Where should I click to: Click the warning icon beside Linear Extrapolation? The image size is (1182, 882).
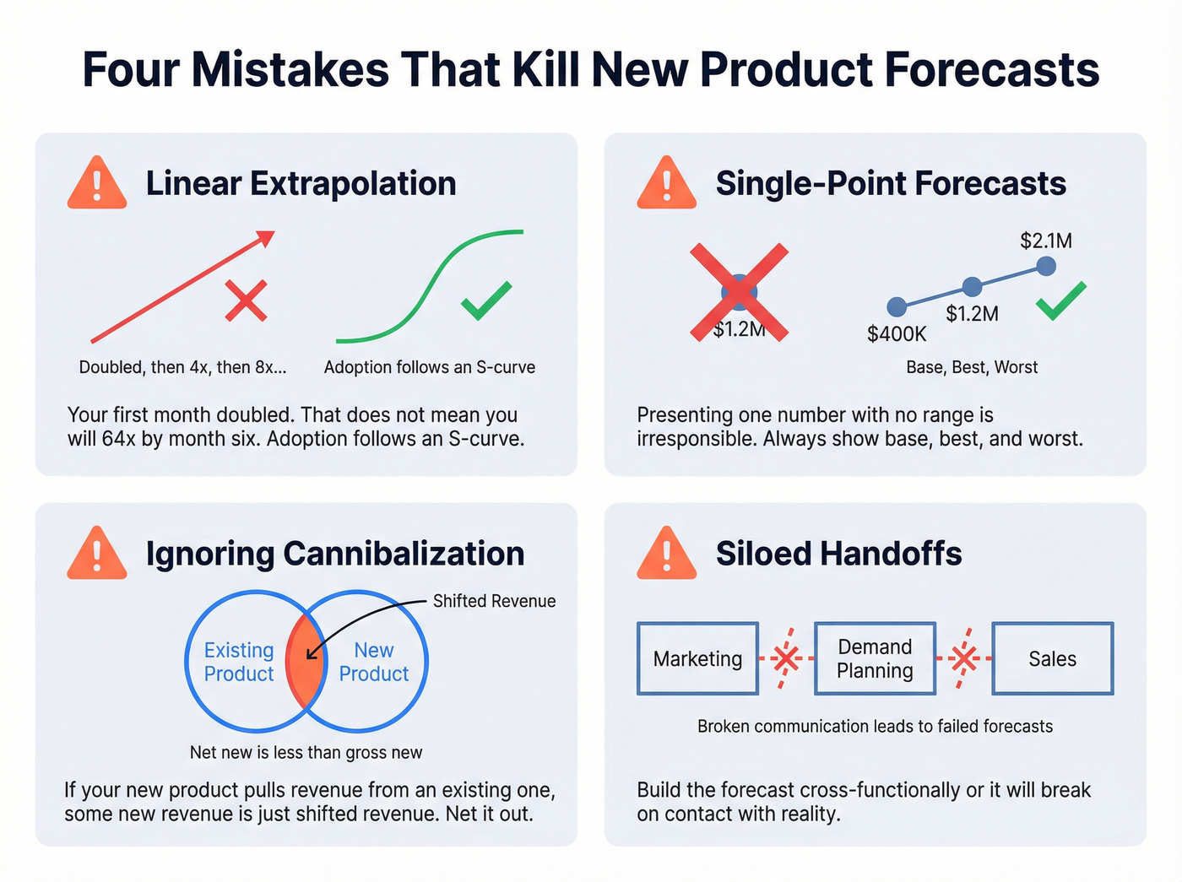click(97, 184)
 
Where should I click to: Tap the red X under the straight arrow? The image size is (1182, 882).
click(246, 301)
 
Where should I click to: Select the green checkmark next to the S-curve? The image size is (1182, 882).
click(486, 300)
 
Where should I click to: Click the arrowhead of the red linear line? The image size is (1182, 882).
click(267, 237)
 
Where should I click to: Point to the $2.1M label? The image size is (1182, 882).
click(1046, 241)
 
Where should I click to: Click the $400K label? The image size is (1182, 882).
click(897, 334)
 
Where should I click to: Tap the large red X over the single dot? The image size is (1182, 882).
click(740, 292)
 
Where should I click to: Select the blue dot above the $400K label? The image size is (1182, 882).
click(897, 306)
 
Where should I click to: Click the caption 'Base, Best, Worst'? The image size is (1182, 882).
click(972, 367)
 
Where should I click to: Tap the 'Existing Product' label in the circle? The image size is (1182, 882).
click(239, 662)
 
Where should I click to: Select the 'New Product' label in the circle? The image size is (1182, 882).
click(374, 662)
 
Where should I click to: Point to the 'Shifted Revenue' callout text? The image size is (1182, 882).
click(494, 601)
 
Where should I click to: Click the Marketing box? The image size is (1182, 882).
click(697, 659)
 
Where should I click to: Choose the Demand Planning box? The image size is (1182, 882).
click(875, 659)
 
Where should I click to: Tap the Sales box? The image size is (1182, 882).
click(1052, 659)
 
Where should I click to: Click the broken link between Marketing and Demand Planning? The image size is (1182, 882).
click(786, 658)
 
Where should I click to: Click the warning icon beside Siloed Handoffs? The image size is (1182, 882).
click(667, 555)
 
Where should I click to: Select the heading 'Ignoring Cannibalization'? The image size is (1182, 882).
click(335, 554)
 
